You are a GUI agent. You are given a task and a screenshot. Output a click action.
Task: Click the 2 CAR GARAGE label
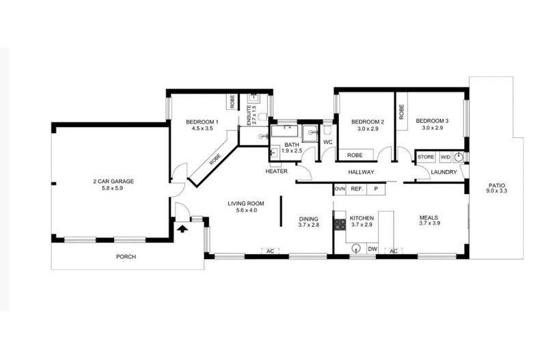[113, 181]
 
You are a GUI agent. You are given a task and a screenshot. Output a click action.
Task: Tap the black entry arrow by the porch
[181, 231]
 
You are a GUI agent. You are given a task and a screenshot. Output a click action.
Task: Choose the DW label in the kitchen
[372, 250]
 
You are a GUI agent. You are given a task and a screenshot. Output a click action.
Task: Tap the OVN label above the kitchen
[340, 189]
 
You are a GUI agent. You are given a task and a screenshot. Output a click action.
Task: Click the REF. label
[356, 189]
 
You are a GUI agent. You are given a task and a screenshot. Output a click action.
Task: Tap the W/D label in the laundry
[445, 157]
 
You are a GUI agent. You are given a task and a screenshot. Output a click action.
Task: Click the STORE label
[426, 157]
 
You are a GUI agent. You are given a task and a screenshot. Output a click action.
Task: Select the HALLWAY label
[362, 172]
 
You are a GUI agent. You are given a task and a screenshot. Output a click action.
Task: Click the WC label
[327, 142]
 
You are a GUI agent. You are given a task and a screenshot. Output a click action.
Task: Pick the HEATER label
[277, 171]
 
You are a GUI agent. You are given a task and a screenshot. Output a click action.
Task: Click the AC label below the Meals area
[393, 251]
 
